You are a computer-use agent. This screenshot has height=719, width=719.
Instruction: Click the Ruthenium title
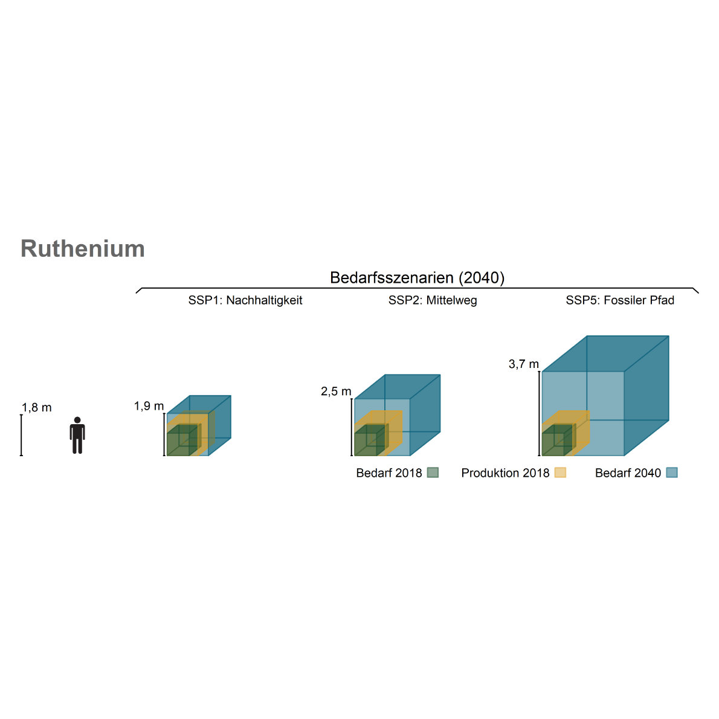click(83, 249)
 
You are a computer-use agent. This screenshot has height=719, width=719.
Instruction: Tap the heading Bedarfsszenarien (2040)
click(417, 277)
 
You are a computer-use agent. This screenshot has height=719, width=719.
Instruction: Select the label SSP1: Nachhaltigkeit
click(245, 300)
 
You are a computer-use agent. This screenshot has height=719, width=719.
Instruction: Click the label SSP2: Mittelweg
click(433, 300)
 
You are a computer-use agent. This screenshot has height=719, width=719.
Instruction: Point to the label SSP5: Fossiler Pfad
click(620, 300)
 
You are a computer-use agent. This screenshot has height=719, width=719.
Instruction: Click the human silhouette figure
click(77, 435)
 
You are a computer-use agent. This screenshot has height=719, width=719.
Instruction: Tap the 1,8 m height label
click(37, 408)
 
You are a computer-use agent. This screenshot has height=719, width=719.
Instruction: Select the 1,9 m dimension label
click(149, 406)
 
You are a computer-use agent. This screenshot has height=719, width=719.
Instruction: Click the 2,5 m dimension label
click(336, 392)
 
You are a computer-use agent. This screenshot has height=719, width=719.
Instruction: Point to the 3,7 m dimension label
click(523, 364)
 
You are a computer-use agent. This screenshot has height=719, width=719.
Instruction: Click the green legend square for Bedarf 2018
click(433, 472)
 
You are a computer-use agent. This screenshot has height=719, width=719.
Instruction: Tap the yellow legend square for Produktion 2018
click(560, 472)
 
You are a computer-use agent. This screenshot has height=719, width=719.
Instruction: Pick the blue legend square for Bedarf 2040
click(672, 472)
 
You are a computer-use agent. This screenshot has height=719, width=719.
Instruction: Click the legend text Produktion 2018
click(505, 473)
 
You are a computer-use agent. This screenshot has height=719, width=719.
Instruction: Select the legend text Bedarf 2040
click(628, 473)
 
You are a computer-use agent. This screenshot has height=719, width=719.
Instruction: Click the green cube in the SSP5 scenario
click(554, 442)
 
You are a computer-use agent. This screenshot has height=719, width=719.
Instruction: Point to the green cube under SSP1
click(179, 442)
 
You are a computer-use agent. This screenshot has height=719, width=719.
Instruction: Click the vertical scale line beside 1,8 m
click(21, 435)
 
